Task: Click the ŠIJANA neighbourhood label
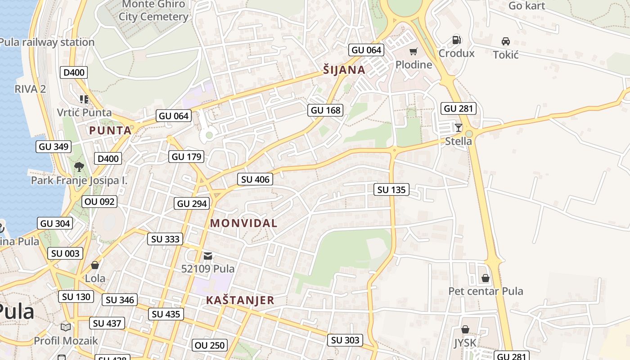coord(344,70)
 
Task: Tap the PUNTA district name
coord(110,130)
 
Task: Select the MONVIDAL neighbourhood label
coord(243,223)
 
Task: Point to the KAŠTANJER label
coord(240,300)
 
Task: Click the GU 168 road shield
coord(326,110)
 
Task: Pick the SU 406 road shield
coord(255,180)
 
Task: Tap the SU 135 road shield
coord(391,190)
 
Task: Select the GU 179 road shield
coord(187,157)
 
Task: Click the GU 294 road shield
coord(192,203)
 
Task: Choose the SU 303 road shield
coord(345,340)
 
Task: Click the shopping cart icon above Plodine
coord(413,52)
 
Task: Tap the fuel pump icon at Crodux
coord(456,40)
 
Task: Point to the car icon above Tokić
coord(506,41)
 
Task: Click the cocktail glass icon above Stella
coord(458,128)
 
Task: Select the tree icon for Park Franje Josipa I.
coord(79,167)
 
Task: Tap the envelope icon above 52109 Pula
coord(207,256)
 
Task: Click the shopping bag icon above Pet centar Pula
coord(485,278)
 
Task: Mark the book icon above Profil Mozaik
coord(66,327)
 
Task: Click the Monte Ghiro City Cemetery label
coord(153,10)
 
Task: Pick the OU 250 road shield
coord(210,346)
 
